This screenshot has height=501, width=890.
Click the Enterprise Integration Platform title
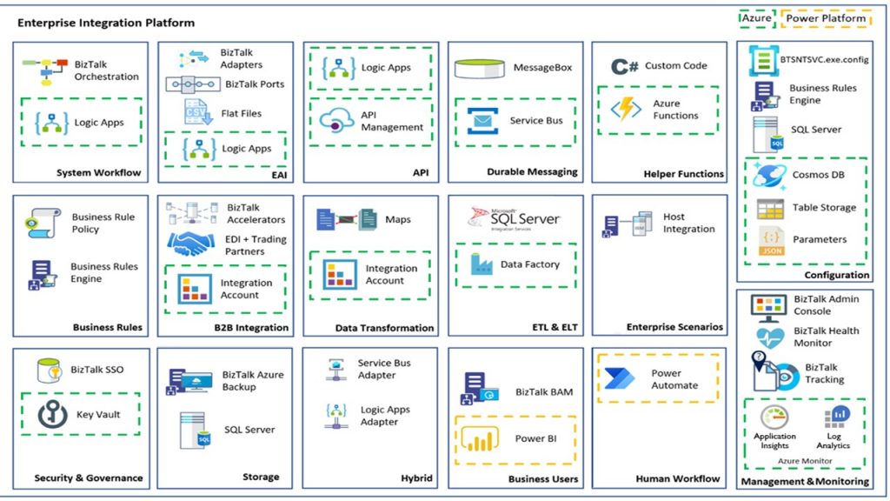tap(106, 23)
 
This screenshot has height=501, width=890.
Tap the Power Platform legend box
tap(826, 17)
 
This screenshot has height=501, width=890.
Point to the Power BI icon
tap(480, 439)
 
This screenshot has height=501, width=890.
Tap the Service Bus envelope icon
tap(482, 121)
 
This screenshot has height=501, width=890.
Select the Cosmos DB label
tap(818, 175)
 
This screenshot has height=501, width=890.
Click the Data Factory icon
tap(481, 264)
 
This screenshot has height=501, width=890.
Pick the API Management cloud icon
tap(335, 121)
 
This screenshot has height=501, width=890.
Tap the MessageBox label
tap(542, 68)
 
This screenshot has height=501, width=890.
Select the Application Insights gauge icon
tap(774, 417)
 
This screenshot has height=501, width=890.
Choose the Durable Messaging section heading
tap(532, 172)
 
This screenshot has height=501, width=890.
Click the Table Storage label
tap(824, 208)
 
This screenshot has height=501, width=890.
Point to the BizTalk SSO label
tap(97, 370)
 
